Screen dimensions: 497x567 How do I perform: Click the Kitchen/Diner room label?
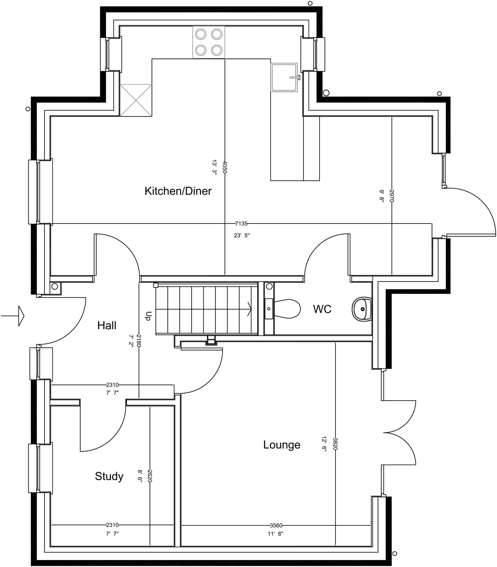178,191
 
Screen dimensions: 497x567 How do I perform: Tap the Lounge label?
282,445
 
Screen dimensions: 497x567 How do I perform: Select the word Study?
109,476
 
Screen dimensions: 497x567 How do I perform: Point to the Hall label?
107,325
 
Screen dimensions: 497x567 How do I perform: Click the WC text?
322,309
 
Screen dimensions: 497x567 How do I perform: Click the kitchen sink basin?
284,77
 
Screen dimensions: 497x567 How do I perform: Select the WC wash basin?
362,309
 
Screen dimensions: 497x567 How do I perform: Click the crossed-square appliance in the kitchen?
136,100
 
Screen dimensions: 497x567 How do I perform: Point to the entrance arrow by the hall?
12,316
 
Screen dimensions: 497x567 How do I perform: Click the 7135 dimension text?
241,223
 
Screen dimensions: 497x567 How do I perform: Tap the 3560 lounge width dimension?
276,525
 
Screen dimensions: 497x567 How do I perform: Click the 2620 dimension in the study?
150,476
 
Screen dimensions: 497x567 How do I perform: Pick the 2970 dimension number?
392,196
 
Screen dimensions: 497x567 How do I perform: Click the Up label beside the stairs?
149,316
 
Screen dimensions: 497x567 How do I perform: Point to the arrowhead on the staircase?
249,309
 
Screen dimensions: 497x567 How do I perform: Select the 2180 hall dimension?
139,341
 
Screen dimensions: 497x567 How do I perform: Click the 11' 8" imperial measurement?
275,534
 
